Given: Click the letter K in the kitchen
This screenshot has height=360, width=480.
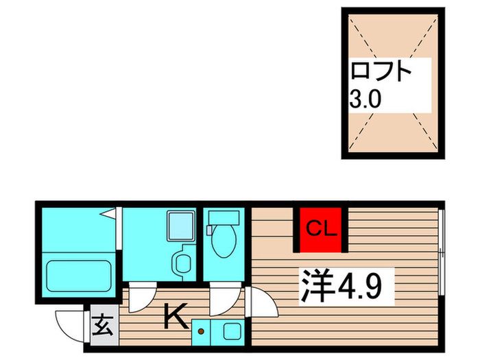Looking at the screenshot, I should point(175,317).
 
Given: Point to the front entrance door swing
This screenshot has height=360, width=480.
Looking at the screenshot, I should point(71,322).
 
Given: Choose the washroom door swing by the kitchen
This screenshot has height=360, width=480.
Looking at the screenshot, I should point(145,296).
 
